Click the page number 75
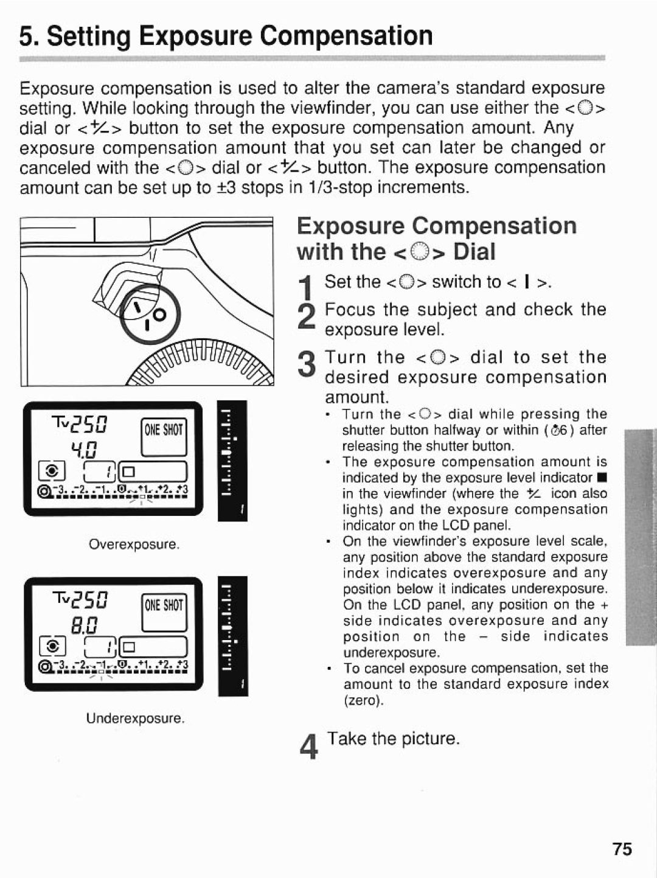pos(622,849)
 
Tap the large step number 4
pos(309,747)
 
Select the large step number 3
pos(308,367)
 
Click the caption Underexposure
pos(135,718)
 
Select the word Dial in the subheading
pos(476,251)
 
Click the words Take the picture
pos(394,738)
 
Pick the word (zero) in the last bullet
pos(363,700)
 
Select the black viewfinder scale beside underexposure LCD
pos(233,636)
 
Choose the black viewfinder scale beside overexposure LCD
pos(233,461)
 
